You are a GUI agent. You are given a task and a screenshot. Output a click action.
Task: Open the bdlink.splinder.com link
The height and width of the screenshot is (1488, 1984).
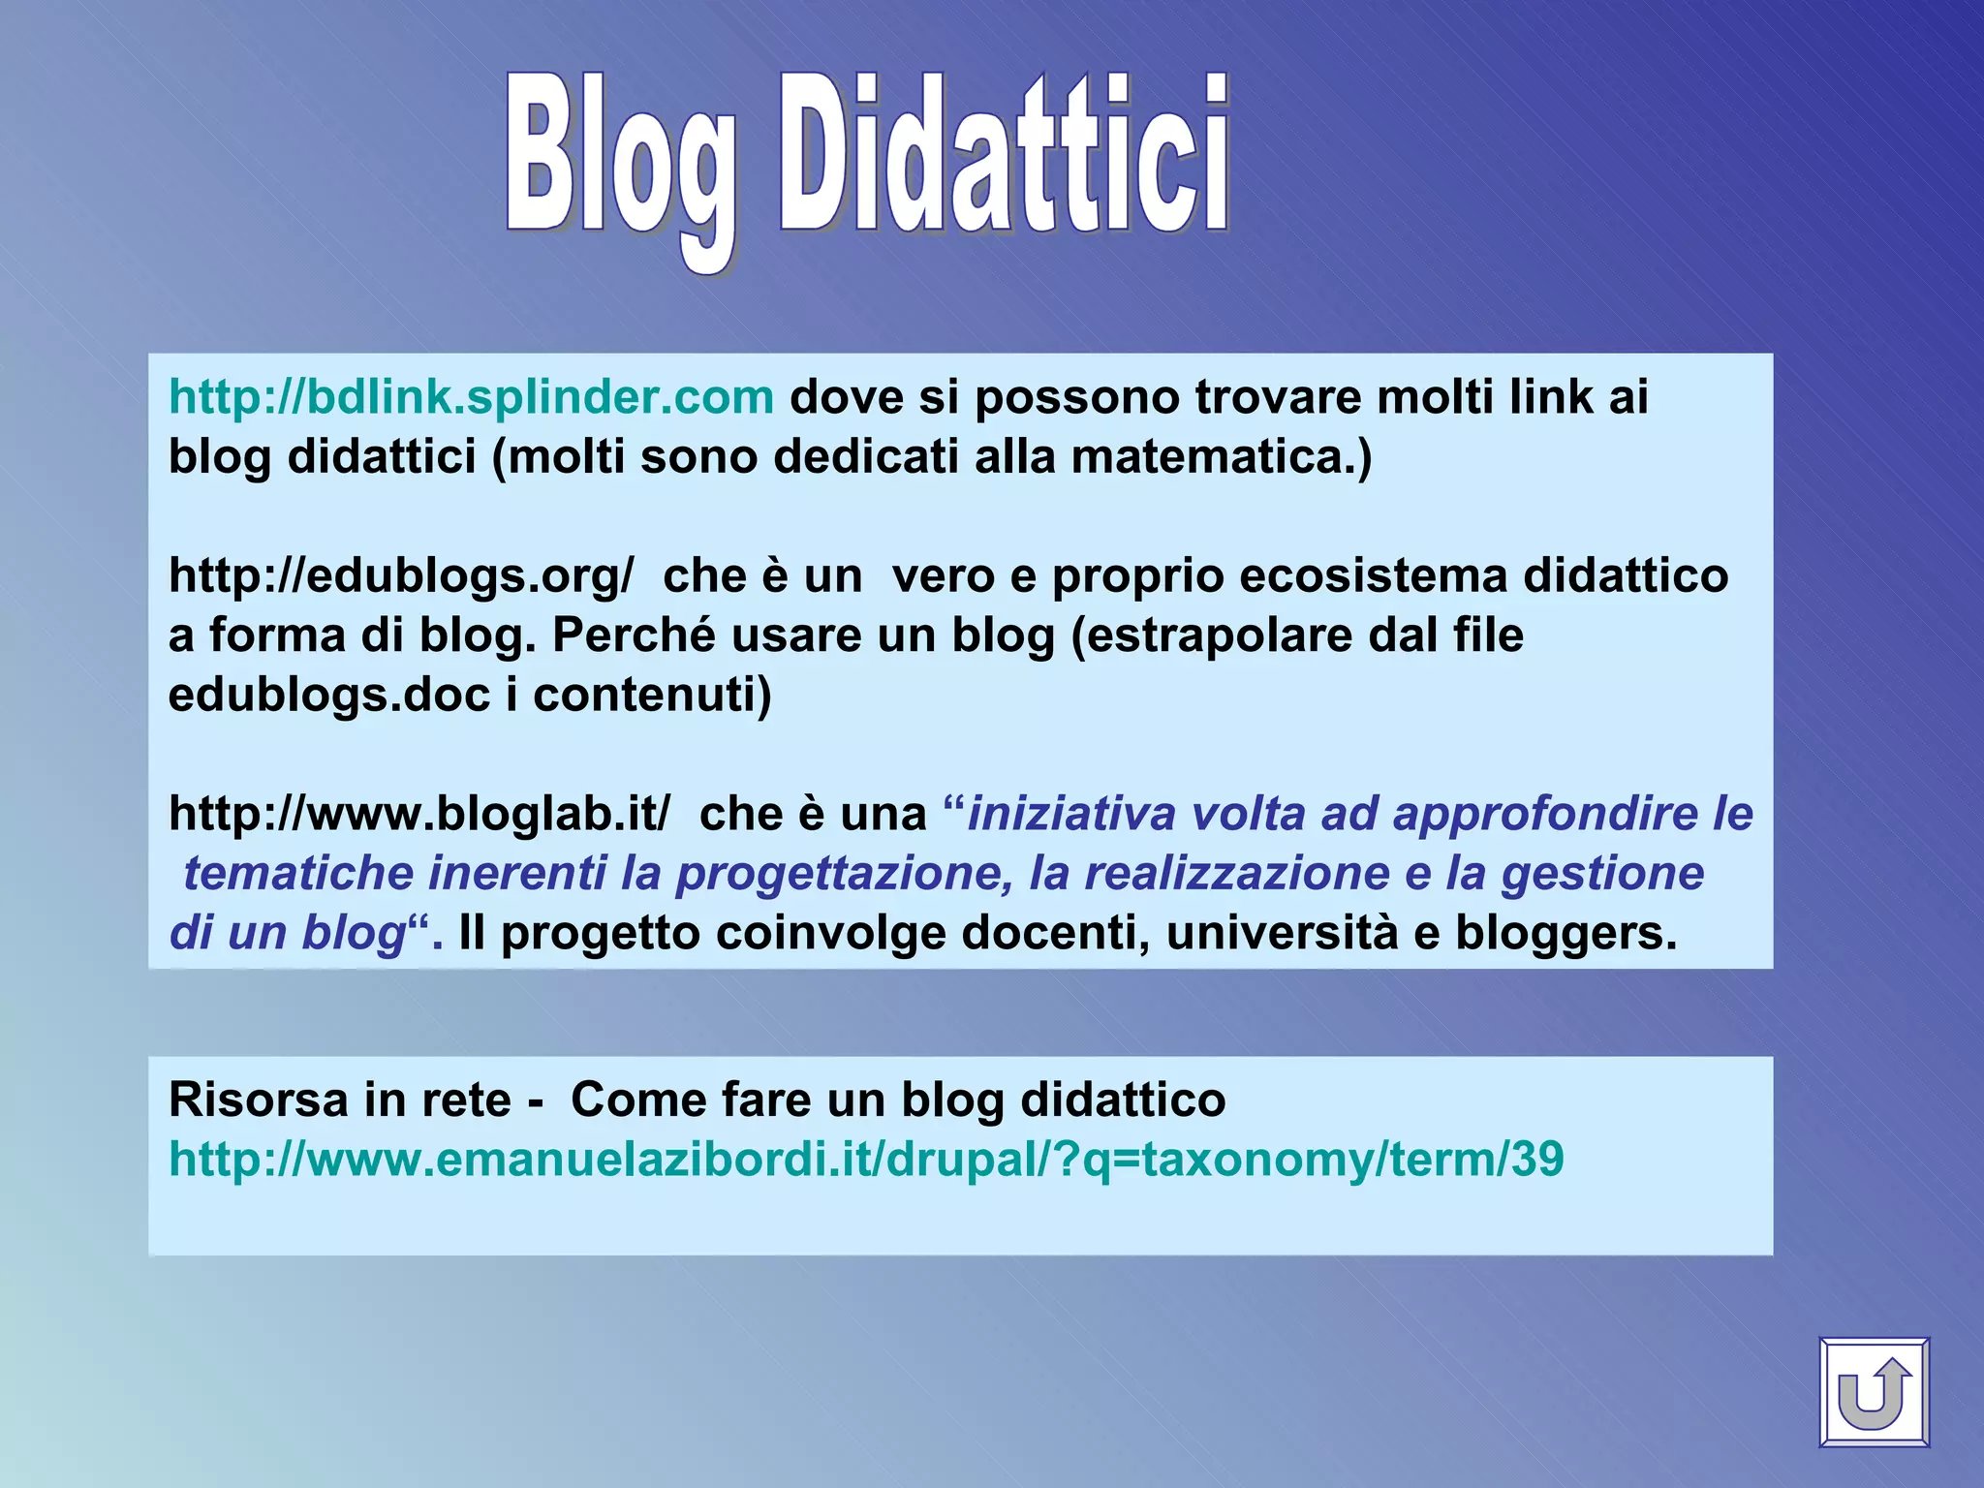pos(471,397)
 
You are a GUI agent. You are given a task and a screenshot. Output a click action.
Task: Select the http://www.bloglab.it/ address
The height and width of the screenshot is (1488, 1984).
pos(418,814)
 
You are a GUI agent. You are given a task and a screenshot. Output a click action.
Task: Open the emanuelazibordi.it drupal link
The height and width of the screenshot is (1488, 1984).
pos(866,1160)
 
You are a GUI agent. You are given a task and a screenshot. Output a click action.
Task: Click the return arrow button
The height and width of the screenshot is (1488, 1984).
pos(1874,1392)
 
